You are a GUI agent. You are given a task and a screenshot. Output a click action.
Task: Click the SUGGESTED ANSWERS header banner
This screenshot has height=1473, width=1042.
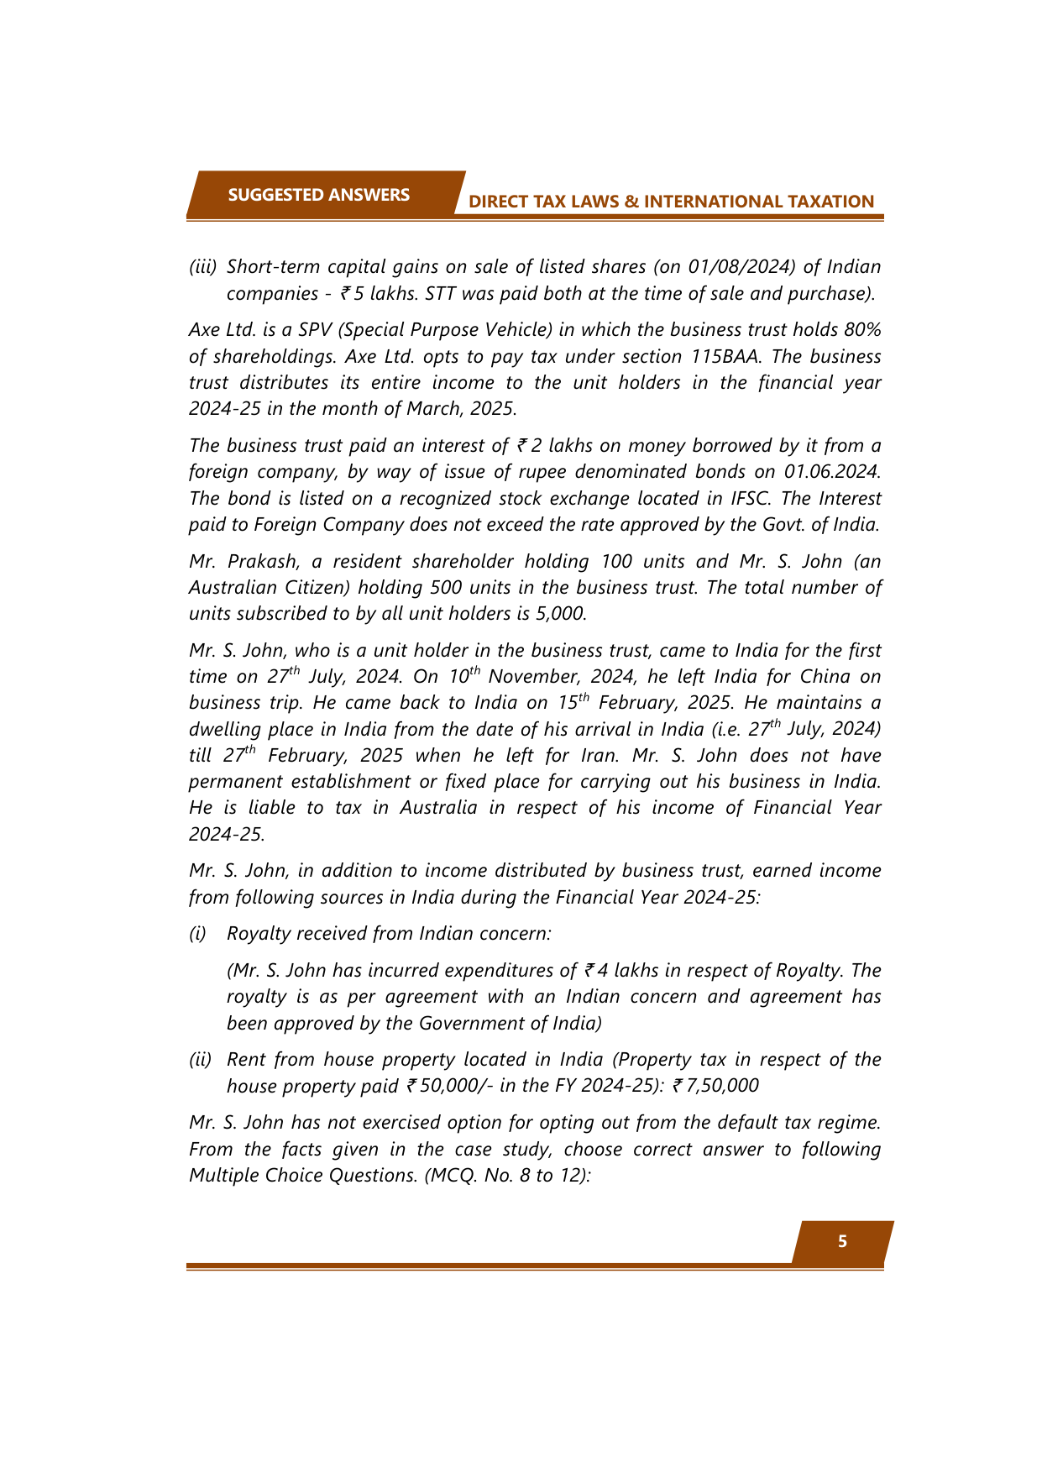319,195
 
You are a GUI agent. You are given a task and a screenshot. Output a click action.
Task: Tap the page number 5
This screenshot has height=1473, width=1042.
842,1242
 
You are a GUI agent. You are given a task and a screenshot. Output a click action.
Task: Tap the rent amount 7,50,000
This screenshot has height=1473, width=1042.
722,1086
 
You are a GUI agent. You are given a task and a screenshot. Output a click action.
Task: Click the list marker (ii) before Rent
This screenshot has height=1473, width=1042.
201,1060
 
